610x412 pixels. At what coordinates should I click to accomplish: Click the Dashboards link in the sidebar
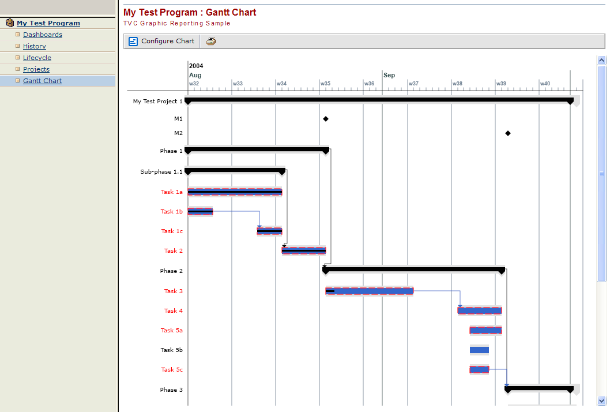point(42,35)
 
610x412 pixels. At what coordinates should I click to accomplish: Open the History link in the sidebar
point(34,46)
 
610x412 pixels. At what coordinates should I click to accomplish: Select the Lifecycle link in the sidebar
point(37,58)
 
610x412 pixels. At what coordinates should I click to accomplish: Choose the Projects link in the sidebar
point(36,69)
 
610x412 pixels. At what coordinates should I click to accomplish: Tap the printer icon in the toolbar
point(211,41)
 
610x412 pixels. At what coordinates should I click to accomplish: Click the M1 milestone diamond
point(326,119)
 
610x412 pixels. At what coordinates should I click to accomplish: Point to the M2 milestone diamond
point(508,133)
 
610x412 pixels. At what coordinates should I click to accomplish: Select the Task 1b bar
point(200,212)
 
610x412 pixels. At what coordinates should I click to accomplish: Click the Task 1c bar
point(269,231)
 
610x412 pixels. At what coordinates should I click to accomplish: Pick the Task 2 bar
point(304,250)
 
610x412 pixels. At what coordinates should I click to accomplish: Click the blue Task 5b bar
point(479,350)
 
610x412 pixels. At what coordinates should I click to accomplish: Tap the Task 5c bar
point(479,369)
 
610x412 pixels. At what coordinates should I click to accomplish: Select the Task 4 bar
point(480,310)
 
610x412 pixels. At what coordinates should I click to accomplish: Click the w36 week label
point(369,84)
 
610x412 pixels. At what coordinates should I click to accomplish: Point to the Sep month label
point(389,75)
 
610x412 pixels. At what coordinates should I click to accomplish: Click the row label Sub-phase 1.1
point(161,171)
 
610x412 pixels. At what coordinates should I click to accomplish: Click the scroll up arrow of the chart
point(602,59)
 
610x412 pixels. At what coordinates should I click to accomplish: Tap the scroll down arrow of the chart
point(602,400)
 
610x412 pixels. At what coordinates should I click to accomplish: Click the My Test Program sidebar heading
point(48,23)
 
